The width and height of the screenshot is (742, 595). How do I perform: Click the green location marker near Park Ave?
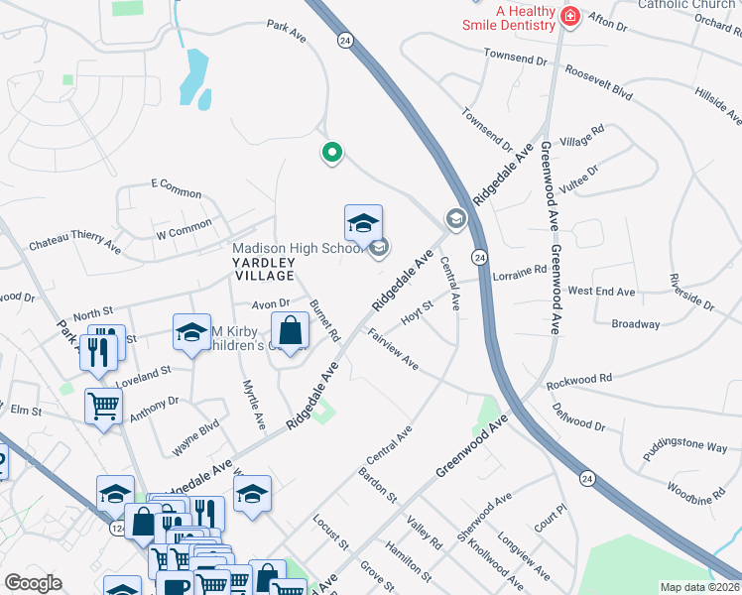pos(332,153)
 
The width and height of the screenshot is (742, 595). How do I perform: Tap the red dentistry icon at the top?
pos(569,16)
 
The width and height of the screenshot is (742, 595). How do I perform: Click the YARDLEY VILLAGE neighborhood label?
pos(264,268)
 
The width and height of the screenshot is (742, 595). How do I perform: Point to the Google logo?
pos(33,582)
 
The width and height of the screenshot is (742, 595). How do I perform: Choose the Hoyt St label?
pos(418,313)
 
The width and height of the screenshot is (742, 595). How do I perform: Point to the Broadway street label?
pos(635,324)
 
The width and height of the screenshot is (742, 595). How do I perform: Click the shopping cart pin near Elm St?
pos(103,407)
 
